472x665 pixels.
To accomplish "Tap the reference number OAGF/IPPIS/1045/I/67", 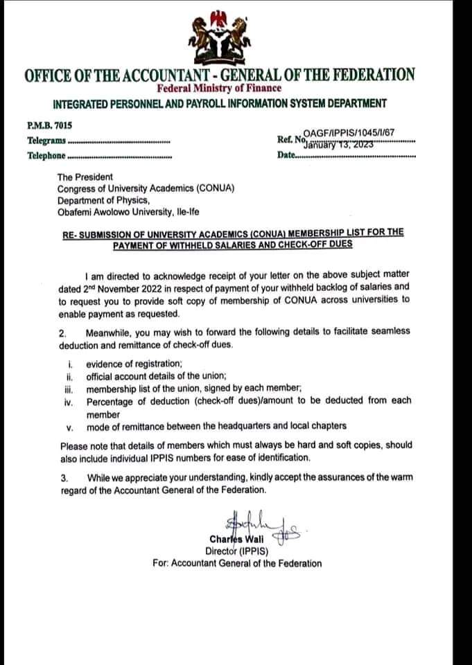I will click(x=349, y=135).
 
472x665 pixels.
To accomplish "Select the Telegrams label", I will click(x=46, y=141).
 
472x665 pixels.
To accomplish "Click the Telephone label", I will click(x=46, y=155).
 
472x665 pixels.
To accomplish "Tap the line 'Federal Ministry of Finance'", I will click(x=219, y=88).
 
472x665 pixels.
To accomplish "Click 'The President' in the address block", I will click(x=85, y=177).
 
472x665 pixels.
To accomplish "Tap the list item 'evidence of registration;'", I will click(x=144, y=364).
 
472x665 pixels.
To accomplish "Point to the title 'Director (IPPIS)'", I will click(x=236, y=551).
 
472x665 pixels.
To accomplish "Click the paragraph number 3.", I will click(x=64, y=477).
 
